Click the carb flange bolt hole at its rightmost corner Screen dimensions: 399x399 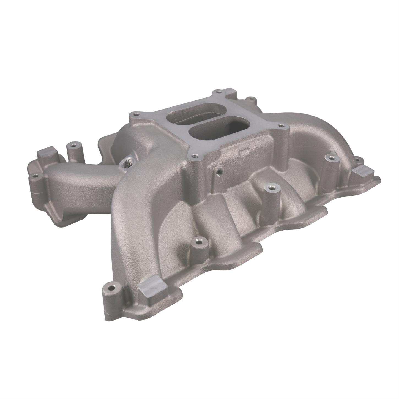tap(281, 126)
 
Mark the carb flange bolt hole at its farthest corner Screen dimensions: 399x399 tap(218, 91)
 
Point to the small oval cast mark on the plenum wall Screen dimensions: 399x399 tap(244, 151)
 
